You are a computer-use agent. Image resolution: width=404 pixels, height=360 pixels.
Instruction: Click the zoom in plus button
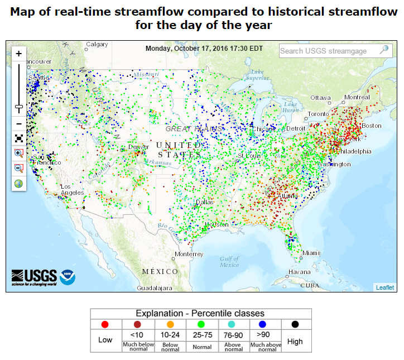19,54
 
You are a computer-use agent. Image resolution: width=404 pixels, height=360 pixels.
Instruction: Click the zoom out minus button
19,123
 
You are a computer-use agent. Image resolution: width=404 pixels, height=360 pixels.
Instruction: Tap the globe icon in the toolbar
19,183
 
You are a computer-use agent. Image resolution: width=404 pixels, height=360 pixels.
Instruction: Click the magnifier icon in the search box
384,50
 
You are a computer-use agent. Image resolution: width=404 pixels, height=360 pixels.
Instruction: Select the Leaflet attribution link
384,287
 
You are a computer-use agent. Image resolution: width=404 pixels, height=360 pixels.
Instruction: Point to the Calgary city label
97,45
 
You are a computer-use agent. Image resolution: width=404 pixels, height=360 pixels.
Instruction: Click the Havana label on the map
299,272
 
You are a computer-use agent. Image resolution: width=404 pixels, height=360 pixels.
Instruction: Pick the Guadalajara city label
155,289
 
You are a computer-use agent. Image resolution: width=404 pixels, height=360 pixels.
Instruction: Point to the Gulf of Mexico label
229,262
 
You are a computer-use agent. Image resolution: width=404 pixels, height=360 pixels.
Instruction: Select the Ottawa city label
321,97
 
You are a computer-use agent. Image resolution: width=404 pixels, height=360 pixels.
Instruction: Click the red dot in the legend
105,324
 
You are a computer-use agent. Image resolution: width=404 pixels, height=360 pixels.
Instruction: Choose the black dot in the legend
295,324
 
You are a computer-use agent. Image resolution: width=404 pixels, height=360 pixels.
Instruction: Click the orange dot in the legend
170,324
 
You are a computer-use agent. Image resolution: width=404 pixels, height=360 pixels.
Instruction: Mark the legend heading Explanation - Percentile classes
200,313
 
